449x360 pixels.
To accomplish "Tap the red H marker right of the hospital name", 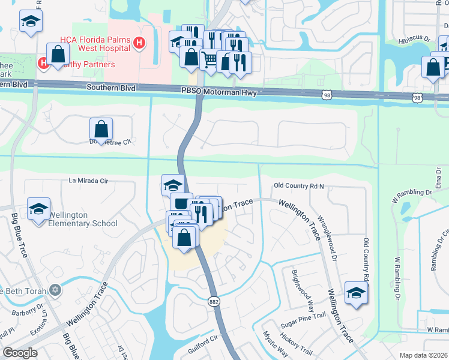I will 139,43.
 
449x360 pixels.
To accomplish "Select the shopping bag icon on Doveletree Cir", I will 101,128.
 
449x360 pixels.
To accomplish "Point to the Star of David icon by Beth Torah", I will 56,290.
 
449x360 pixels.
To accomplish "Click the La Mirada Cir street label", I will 89,180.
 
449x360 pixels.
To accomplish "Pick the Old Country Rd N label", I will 298,186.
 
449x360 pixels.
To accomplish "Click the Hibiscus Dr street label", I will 415,40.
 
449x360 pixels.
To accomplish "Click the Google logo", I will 20,352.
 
